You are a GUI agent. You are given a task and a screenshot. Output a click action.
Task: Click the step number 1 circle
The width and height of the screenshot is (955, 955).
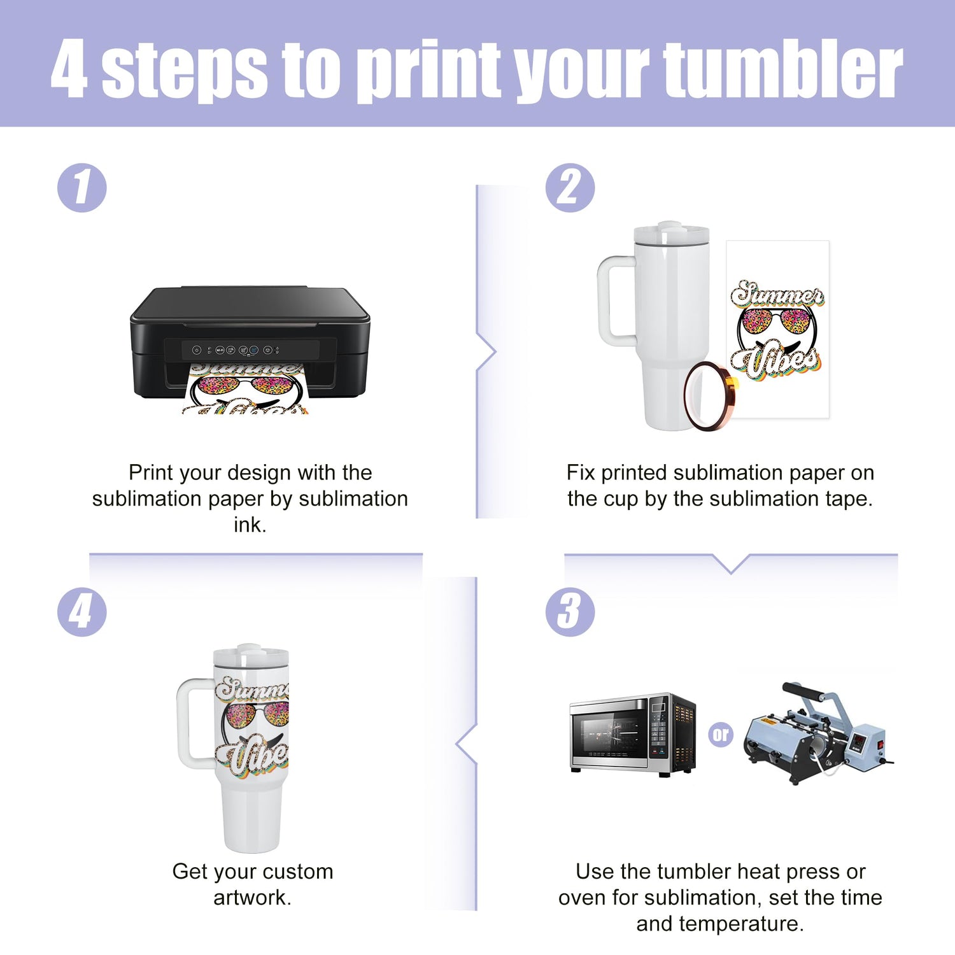click(x=82, y=188)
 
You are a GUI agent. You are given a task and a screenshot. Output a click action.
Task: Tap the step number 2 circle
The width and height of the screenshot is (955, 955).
click(x=570, y=188)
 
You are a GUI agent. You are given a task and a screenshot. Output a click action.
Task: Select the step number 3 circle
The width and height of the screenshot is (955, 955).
click(x=570, y=612)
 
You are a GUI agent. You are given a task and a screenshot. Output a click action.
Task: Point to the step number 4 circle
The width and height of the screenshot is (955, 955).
click(x=82, y=612)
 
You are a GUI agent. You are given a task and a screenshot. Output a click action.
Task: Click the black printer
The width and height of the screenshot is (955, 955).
click(x=250, y=344)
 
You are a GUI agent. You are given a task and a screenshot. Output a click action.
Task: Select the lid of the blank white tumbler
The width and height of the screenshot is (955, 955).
click(x=672, y=234)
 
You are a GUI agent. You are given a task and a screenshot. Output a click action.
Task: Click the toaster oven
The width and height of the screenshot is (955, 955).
click(x=633, y=734)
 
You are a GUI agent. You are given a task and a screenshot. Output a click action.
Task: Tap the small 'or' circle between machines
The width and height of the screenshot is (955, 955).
click(x=721, y=735)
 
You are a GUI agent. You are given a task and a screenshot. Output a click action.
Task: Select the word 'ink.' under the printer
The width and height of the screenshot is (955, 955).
click(x=250, y=525)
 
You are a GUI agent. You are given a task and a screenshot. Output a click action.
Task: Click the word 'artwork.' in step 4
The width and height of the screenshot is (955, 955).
click(x=253, y=898)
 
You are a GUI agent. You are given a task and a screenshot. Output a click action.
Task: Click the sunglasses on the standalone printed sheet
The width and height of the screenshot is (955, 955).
click(x=777, y=322)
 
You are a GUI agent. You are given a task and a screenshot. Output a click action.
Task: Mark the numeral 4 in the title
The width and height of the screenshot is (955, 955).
click(x=69, y=69)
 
